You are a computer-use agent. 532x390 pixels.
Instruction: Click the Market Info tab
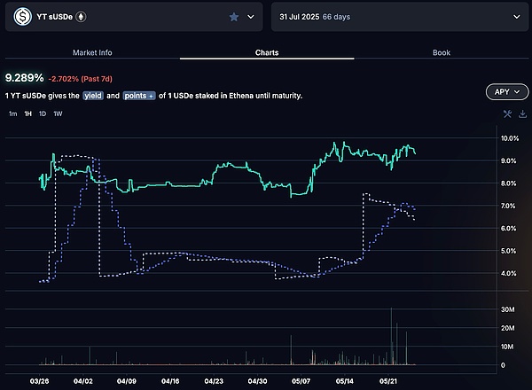tap(92, 52)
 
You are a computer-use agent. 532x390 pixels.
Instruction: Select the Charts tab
tap(266, 52)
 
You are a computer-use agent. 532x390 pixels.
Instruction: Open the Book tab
tap(442, 52)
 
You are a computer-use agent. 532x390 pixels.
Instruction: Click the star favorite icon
tap(234, 17)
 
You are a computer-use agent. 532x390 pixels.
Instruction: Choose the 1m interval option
tap(12, 113)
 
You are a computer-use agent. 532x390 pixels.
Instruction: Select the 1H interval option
tap(28, 113)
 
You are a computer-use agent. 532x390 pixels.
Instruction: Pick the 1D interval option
tap(43, 113)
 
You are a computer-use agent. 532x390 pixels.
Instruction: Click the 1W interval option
tap(58, 113)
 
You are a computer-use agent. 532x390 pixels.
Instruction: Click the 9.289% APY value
tap(23, 78)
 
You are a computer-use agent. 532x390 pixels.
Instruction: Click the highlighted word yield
tap(94, 95)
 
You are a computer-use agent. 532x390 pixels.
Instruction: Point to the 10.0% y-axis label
tap(509, 139)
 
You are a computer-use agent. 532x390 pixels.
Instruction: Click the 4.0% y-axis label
tap(509, 273)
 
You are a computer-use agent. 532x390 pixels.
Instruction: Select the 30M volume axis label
tap(509, 309)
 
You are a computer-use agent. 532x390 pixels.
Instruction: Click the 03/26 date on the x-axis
tap(40, 383)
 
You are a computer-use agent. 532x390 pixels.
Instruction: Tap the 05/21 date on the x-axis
tap(388, 383)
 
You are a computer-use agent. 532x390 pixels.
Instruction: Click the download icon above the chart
tap(522, 113)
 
